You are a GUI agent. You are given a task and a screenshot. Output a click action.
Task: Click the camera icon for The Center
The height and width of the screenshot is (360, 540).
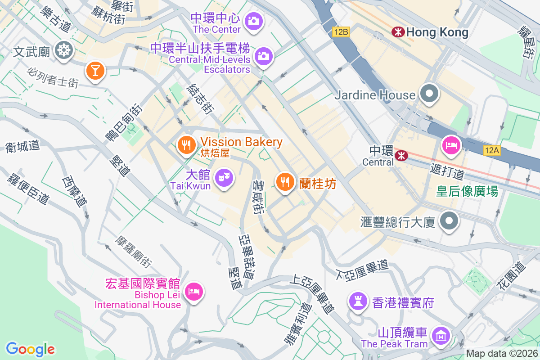point(254,21)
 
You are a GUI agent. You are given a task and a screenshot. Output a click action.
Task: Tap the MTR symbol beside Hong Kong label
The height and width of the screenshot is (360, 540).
point(397,32)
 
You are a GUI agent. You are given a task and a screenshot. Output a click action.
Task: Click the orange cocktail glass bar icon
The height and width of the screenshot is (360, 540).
point(95,70)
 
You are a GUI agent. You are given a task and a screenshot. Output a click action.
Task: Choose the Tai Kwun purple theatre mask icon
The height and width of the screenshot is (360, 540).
point(224,178)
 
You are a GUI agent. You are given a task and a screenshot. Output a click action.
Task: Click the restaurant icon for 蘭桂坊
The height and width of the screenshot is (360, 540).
point(284,182)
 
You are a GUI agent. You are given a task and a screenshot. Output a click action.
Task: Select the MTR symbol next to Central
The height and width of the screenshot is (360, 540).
point(400,156)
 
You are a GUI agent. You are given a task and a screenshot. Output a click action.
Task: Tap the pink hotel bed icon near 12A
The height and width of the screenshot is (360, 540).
point(450,145)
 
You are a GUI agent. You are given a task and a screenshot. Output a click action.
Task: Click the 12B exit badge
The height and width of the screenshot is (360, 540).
point(341,32)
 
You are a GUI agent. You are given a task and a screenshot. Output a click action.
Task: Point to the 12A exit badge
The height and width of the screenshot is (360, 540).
point(492,150)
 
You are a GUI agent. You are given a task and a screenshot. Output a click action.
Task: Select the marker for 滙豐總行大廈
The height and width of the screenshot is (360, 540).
point(449,221)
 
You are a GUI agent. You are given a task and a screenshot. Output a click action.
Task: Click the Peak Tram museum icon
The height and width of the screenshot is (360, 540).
point(440,335)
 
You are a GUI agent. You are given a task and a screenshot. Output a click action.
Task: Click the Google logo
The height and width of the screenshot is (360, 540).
point(30,349)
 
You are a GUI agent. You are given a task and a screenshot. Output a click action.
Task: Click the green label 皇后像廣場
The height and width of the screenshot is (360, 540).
point(467,191)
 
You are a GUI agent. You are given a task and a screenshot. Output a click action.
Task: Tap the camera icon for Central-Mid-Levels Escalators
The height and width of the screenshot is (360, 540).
point(263,56)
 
